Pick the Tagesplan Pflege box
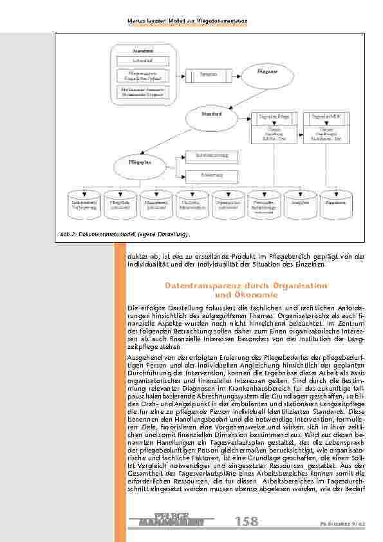point(274,117)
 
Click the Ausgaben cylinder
point(299,201)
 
